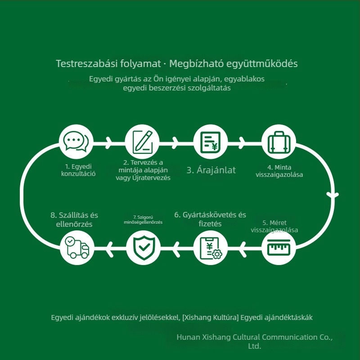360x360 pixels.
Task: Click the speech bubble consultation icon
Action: pyautogui.click(x=76, y=141)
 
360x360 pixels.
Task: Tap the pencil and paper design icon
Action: pyautogui.click(x=142, y=142)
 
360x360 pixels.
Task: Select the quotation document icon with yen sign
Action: pyautogui.click(x=210, y=142)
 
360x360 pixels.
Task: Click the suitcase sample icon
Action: pyautogui.click(x=279, y=142)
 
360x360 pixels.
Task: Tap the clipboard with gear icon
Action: pyautogui.click(x=211, y=248)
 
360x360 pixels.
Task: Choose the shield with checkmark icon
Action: pyautogui.click(x=144, y=248)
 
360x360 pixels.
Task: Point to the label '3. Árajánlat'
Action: pyautogui.click(x=211, y=170)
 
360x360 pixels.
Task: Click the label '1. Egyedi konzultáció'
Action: pyautogui.click(x=78, y=170)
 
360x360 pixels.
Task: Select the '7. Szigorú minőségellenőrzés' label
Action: pyautogui.click(x=143, y=220)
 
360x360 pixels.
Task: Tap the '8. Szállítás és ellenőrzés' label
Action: pyautogui.click(x=74, y=220)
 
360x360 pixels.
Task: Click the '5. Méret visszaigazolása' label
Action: pyautogui.click(x=274, y=226)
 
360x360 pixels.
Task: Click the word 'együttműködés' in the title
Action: pyautogui.click(x=262, y=64)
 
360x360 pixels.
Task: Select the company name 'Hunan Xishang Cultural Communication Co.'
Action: pyautogui.click(x=254, y=337)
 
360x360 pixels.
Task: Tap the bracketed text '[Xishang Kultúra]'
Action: pyautogui.click(x=211, y=318)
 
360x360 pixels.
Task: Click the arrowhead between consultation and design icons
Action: pyautogui.click(x=109, y=143)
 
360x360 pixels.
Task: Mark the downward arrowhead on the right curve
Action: pyautogui.click(x=333, y=195)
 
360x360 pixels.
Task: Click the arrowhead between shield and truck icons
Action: pyautogui.click(x=110, y=249)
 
